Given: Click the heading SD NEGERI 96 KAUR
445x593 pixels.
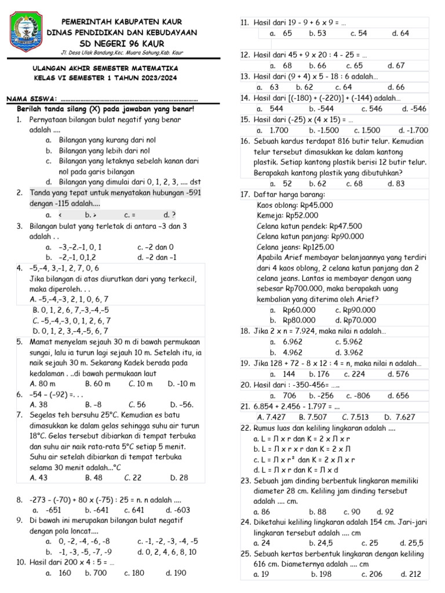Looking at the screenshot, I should [122, 43].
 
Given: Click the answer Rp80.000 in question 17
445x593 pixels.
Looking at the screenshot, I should [299, 320].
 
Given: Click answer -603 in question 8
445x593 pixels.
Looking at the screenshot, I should [177, 510].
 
